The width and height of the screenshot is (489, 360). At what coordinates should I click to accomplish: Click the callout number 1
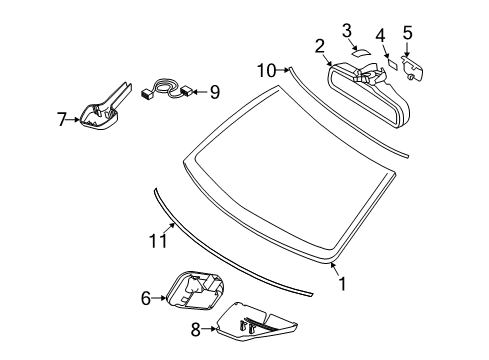(342, 284)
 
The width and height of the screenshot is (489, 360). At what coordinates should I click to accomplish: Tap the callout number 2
(319, 46)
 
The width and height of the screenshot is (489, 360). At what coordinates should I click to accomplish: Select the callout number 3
(347, 31)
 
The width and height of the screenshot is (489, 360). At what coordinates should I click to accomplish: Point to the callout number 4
(380, 36)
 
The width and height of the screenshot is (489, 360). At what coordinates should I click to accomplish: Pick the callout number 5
(407, 33)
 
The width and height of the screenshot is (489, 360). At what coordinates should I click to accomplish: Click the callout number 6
(146, 298)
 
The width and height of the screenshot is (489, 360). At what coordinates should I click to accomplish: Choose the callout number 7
(61, 119)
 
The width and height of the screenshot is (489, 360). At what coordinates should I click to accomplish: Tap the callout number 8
(196, 329)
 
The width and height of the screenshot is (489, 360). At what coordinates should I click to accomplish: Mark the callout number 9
(215, 92)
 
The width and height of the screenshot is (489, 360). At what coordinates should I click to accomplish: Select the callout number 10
(267, 71)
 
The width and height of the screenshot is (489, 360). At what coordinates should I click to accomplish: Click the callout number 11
(158, 241)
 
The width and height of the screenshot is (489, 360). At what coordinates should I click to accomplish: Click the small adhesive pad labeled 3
(361, 52)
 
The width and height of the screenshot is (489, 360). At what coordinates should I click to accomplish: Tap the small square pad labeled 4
(392, 64)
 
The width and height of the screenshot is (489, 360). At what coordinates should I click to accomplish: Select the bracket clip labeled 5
(413, 68)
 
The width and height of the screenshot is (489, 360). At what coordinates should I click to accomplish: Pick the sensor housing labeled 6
(195, 290)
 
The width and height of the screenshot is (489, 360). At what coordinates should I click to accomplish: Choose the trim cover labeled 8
(257, 322)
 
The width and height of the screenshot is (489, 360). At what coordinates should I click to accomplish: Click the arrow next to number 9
(200, 92)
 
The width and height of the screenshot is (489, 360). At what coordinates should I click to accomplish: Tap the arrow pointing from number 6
(159, 298)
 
